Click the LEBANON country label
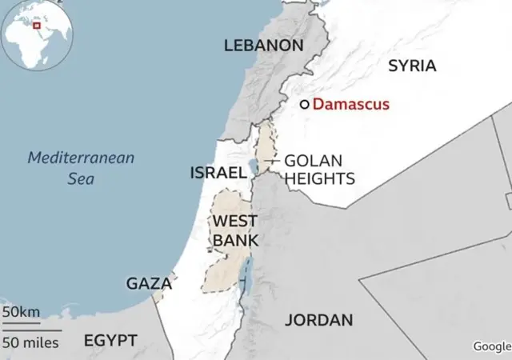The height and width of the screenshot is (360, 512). point(263,46)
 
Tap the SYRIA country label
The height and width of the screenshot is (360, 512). point(412,66)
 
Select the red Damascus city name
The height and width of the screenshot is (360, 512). point(350,104)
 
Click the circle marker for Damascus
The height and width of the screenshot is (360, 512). point(304,104)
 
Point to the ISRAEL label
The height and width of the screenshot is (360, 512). point(218,172)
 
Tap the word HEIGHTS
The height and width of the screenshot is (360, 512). point(319,178)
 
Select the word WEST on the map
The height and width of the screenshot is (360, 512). point(234,221)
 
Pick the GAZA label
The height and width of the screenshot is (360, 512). point(149,283)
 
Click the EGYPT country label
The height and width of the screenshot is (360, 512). point(110,340)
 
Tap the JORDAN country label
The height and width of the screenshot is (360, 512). point(318,320)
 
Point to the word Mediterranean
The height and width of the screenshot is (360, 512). point(81,158)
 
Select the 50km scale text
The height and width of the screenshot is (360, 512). point(20,311)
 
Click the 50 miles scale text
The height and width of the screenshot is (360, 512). point(30,342)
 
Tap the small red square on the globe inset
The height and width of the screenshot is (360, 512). point(37,27)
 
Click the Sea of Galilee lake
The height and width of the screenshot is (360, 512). point(254,167)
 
